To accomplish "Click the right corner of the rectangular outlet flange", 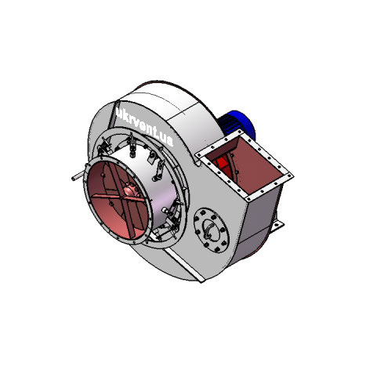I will [x=292, y=174].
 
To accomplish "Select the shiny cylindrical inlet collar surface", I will [x=169, y=196].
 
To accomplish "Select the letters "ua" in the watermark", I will [x=166, y=136].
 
